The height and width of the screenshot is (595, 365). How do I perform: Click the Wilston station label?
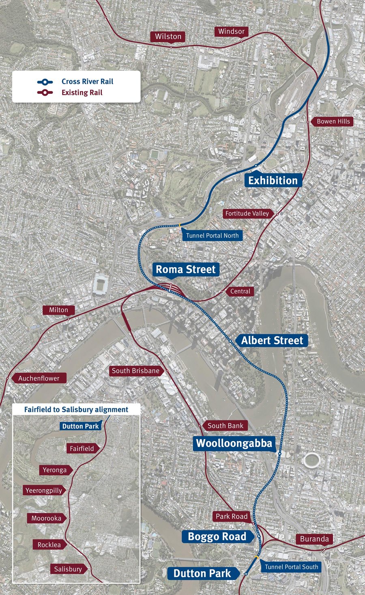click(x=168, y=37)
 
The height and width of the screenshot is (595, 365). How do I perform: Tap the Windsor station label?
click(x=231, y=31)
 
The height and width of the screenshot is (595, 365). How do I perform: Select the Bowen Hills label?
click(x=333, y=121)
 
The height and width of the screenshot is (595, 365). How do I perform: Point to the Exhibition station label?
click(x=273, y=180)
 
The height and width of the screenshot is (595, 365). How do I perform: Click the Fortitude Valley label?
click(x=247, y=213)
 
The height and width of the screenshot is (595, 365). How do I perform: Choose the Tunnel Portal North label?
click(x=212, y=235)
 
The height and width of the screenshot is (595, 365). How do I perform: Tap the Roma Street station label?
click(x=186, y=269)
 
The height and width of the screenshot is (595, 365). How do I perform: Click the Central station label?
click(x=240, y=291)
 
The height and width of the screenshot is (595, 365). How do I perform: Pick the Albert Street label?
click(x=272, y=340)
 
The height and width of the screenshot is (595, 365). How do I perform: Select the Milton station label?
click(x=59, y=310)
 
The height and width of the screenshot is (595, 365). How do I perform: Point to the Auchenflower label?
click(x=39, y=378)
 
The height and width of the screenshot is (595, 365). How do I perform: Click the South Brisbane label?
click(x=136, y=370)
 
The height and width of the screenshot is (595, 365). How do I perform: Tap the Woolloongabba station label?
click(x=234, y=443)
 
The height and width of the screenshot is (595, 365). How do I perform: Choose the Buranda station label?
click(x=314, y=539)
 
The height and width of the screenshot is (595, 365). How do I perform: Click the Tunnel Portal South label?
click(x=291, y=567)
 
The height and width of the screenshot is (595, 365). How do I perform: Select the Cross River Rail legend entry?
click(x=87, y=82)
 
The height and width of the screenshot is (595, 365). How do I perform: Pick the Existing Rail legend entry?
click(x=82, y=93)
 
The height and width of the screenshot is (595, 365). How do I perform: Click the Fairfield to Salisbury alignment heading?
click(x=76, y=409)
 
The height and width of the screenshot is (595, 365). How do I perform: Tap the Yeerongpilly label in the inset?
click(x=44, y=490)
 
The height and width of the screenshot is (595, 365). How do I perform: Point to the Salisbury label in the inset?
click(x=68, y=569)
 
